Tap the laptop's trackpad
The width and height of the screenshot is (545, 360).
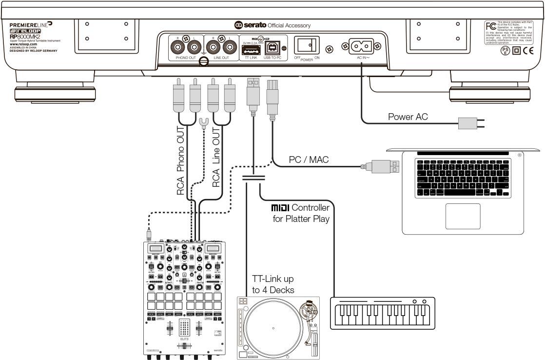463,216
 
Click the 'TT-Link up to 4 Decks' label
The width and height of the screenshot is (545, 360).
273,284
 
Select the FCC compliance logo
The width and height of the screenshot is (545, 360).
490,26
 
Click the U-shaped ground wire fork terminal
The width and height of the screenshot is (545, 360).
204,122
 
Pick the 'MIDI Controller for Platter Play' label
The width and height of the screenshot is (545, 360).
301,214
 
